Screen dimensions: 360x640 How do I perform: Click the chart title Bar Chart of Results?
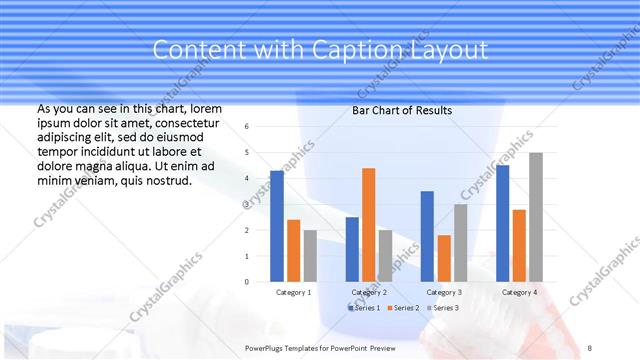(x=402, y=110)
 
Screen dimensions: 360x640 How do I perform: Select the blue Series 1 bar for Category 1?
(x=277, y=226)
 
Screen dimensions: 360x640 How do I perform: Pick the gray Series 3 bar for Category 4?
(x=536, y=217)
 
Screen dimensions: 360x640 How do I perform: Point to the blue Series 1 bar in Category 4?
(x=502, y=223)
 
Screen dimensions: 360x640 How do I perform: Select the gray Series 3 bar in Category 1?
(x=310, y=256)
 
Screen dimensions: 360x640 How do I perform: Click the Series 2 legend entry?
(x=404, y=308)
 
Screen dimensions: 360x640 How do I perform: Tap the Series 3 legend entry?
(x=443, y=308)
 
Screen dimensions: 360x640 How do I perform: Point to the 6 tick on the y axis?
(x=247, y=127)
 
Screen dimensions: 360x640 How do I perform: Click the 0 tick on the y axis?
(x=247, y=282)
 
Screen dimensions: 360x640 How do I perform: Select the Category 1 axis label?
(x=293, y=292)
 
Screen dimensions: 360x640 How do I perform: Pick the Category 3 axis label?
(x=443, y=292)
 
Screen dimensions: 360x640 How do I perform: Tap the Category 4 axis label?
(x=518, y=292)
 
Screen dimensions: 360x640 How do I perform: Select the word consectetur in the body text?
(x=189, y=122)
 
